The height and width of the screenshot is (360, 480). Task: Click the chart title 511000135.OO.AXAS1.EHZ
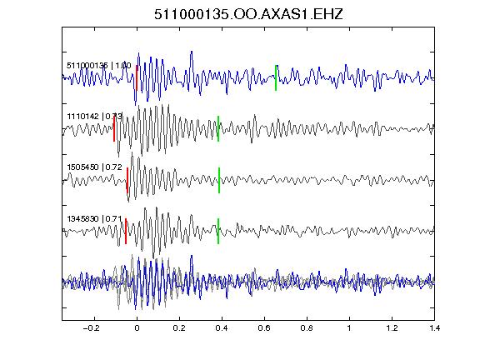248,14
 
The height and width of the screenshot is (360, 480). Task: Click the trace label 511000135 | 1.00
99,66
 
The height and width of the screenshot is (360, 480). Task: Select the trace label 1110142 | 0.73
95,117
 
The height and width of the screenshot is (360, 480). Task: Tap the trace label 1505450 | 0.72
95,167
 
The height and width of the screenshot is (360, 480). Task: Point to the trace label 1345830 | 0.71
95,219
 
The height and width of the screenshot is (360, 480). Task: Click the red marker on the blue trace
137,78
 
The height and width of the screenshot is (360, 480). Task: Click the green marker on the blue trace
276,78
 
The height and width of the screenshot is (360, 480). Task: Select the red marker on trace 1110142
114,128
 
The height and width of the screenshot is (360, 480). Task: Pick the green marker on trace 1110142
218,128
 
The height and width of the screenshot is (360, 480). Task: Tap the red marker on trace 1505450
127,180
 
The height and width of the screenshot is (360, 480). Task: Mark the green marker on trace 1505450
219,180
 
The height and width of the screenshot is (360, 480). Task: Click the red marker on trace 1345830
126,231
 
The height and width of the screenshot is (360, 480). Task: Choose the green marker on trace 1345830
218,231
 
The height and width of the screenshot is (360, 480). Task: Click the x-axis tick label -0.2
91,328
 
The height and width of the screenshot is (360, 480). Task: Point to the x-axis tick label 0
137,328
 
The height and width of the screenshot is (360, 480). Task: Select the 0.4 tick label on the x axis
222,328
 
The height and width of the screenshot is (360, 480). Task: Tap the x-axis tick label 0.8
307,328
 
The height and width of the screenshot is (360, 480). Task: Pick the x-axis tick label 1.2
392,328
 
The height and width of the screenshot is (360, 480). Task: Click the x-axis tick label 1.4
434,328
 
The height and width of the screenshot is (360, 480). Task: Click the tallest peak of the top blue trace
192,52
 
